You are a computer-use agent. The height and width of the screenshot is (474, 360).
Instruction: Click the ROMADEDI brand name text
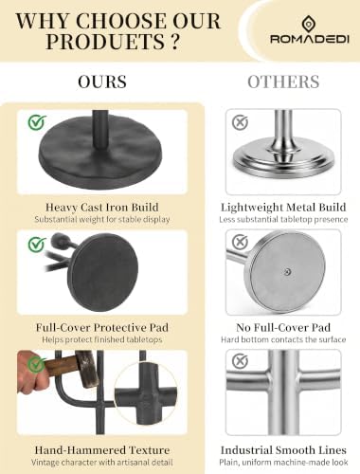(310, 39)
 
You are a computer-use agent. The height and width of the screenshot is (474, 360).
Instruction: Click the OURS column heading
(102, 82)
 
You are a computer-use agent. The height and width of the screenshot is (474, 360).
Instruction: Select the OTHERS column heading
(283, 82)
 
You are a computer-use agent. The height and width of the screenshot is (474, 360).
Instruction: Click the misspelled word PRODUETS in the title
(105, 41)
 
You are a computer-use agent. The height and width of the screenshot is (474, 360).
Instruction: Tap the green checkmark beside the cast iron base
(37, 122)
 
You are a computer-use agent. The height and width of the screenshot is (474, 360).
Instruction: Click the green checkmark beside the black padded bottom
(37, 245)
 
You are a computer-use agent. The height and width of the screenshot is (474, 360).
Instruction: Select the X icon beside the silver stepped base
(240, 122)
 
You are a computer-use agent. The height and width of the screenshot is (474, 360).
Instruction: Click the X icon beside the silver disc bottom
(240, 242)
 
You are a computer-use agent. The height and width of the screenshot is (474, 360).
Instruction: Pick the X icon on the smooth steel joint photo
(240, 361)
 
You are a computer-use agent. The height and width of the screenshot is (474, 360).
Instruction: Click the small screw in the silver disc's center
(287, 271)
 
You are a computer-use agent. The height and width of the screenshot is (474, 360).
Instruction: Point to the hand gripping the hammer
(31, 373)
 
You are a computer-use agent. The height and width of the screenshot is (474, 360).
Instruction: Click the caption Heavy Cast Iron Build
(102, 208)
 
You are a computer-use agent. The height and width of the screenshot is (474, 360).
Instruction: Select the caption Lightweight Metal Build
(283, 208)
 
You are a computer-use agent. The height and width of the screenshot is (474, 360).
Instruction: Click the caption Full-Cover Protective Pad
(102, 327)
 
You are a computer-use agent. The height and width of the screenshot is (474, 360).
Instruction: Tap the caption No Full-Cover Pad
(283, 327)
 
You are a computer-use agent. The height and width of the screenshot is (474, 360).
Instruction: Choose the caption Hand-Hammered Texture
(102, 450)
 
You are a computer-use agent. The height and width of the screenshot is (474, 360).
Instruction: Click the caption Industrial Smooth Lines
(283, 450)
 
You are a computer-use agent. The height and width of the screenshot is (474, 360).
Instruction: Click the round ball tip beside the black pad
(59, 241)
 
